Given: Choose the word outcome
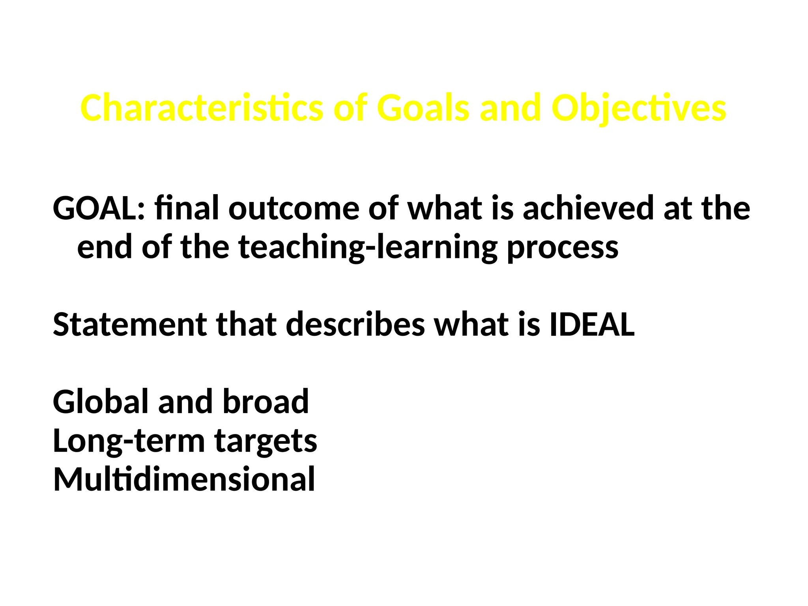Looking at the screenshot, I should pos(294,209).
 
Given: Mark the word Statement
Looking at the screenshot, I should pos(130,324).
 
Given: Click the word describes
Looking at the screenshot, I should pos(355,324).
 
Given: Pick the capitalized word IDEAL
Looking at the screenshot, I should pos(592,324).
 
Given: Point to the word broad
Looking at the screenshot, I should pos(266,401).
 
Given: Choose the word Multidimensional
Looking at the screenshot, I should pos(184,479).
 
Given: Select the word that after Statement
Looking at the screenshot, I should pos(246,324).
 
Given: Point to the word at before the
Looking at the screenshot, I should pos(677,209).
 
